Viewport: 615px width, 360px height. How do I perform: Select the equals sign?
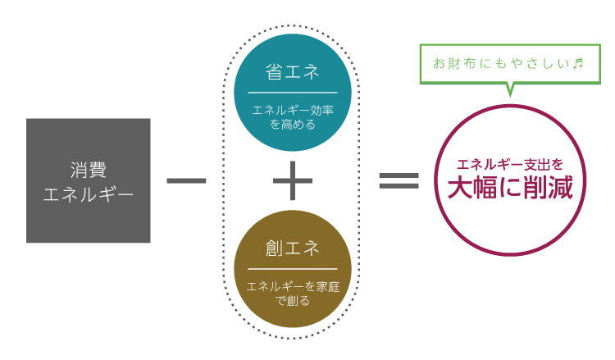pyautogui.click(x=399, y=180)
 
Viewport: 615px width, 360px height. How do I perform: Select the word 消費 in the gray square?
pyautogui.click(x=89, y=170)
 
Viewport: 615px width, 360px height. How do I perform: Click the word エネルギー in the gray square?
pyautogui.click(x=89, y=194)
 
